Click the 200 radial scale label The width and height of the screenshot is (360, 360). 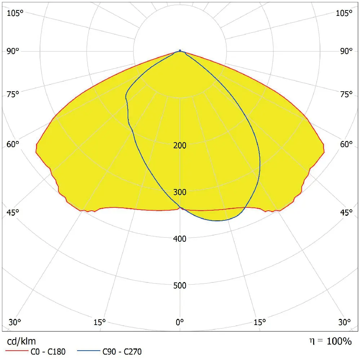tap(180, 145)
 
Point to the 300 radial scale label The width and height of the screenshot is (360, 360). tap(180, 192)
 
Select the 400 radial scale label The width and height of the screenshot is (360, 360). tap(180, 238)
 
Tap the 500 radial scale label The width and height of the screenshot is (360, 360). tap(180, 285)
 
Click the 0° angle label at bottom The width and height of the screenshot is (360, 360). tap(180, 322)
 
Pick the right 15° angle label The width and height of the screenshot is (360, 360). tap(260, 322)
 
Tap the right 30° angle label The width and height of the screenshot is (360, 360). tap(345, 322)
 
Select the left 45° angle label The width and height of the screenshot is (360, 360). tap(13, 212)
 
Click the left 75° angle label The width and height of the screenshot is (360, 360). tap(13, 95)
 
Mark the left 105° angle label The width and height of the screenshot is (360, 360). tap(14, 13)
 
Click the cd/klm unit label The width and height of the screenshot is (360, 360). tap(21, 341)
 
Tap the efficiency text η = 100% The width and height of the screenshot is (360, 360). tap(330, 341)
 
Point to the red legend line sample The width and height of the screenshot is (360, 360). tap(17, 351)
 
